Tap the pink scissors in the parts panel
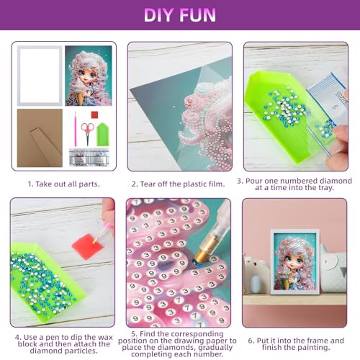[x=87, y=132]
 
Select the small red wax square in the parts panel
[x=94, y=114]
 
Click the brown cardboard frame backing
[x=40, y=138]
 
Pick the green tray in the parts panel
[x=103, y=135]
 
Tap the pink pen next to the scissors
[x=76, y=129]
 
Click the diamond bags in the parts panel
[x=89, y=157]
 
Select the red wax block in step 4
[x=88, y=247]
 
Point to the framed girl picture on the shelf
[x=295, y=261]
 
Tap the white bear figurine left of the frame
[x=256, y=274]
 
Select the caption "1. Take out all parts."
[x=63, y=184]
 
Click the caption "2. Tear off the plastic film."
[x=178, y=184]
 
